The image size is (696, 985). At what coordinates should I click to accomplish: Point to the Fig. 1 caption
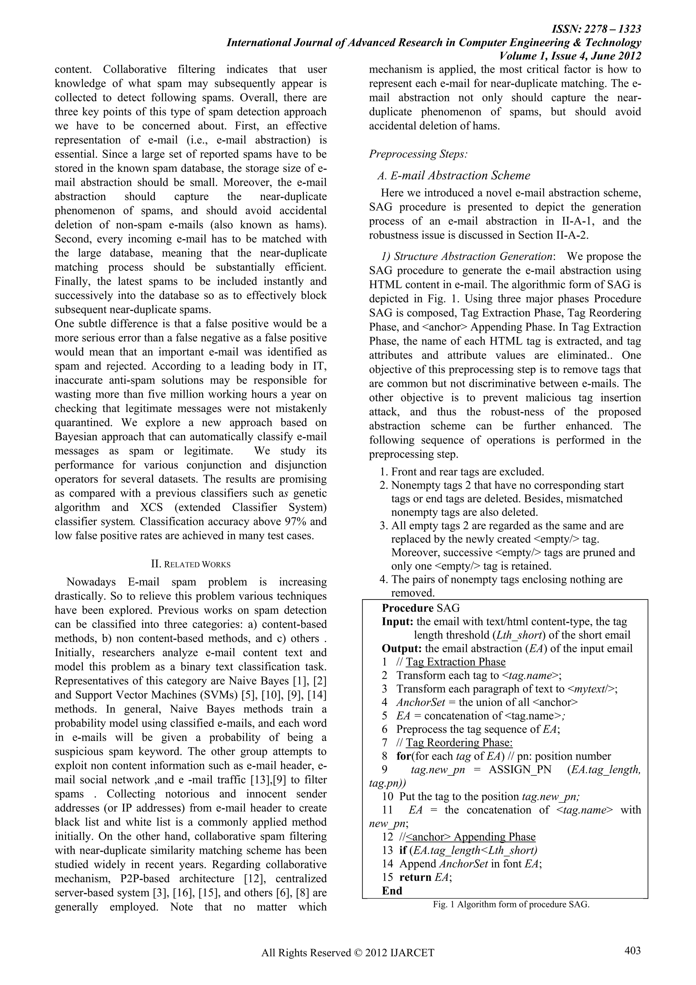point(511,905)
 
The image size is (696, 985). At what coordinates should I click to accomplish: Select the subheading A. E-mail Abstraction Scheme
point(453,176)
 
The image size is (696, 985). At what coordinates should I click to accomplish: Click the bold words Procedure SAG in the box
point(420,608)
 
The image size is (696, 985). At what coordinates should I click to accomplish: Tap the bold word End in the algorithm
point(392,891)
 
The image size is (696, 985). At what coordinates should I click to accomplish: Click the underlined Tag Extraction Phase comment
point(456,662)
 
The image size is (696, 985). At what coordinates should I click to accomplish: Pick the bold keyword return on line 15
point(415,877)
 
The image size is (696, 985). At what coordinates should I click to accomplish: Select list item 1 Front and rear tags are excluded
point(462,472)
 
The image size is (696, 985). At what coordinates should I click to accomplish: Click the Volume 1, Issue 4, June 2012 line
point(570,56)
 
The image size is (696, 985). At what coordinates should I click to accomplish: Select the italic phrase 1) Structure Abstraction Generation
point(466,257)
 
